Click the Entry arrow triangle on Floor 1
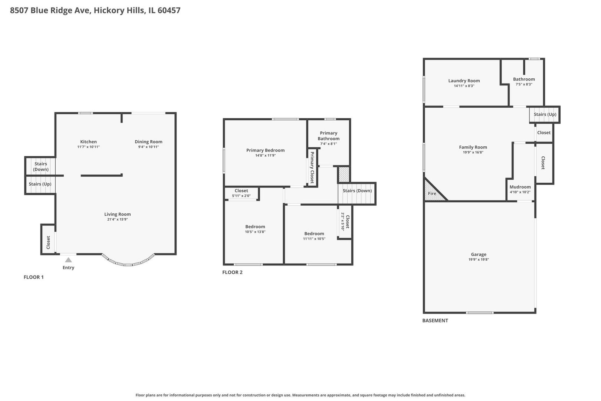[x=68, y=260]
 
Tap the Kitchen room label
[x=88, y=141]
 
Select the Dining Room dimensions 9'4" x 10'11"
[x=148, y=147]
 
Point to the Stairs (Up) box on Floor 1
[x=40, y=185]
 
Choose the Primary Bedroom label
[x=265, y=150]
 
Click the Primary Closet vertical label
[x=312, y=167]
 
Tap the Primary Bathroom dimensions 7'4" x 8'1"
[x=328, y=144]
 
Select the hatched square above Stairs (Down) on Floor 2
[x=344, y=174]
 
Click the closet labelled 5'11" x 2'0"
[x=241, y=193]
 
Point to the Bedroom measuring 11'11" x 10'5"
[x=314, y=236]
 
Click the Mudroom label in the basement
[x=520, y=187]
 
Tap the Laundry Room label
[x=464, y=81]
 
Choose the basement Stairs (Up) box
[x=545, y=114]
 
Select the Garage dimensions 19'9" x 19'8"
[x=479, y=260]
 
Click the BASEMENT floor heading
[x=435, y=320]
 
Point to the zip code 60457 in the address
[x=169, y=10]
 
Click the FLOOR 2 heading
[x=232, y=272]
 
